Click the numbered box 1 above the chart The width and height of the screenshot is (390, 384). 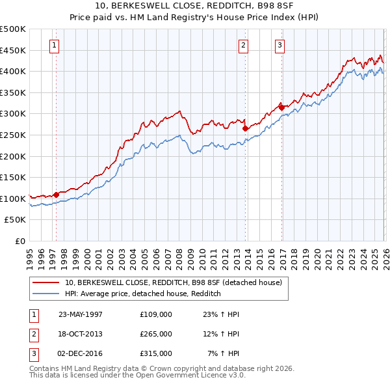(53, 46)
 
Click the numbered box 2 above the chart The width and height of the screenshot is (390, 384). (242, 46)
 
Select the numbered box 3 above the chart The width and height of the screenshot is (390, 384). (279, 46)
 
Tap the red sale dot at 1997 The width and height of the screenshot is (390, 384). (57, 194)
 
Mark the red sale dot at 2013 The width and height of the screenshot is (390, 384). (245, 129)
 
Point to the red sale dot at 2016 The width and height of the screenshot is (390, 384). (281, 107)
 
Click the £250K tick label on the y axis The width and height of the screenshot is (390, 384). (13, 135)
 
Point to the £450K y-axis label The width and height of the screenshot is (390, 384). (13, 50)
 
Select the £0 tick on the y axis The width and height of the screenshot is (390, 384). (20, 241)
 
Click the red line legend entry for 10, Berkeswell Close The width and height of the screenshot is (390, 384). (173, 282)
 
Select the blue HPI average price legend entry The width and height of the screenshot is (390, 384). (143, 294)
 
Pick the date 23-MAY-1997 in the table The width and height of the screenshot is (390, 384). (81, 314)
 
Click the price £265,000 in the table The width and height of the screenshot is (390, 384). (155, 334)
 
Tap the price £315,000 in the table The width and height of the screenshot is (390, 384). (155, 353)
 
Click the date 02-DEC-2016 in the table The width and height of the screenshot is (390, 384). (81, 353)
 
